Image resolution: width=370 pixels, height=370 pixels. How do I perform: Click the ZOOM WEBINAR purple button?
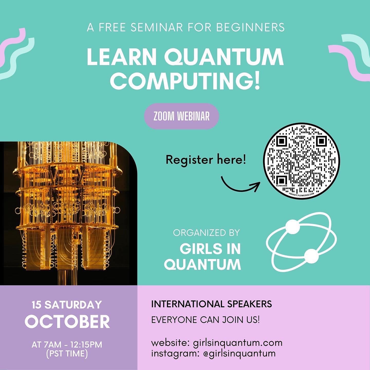click(181, 116)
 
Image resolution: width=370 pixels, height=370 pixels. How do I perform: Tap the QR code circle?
click(301, 161)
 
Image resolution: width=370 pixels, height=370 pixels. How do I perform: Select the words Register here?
click(206, 160)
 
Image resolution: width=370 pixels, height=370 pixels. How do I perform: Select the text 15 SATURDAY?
click(67, 305)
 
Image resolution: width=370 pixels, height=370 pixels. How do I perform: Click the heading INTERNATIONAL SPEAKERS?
click(211, 304)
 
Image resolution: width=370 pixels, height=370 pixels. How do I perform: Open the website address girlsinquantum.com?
click(237, 343)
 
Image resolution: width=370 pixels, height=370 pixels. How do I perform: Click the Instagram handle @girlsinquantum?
click(239, 354)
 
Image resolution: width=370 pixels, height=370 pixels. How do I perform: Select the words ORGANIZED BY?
click(206, 233)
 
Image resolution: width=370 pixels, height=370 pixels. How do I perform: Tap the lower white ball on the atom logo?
click(311, 256)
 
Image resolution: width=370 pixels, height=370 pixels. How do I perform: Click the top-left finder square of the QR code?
click(282, 141)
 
